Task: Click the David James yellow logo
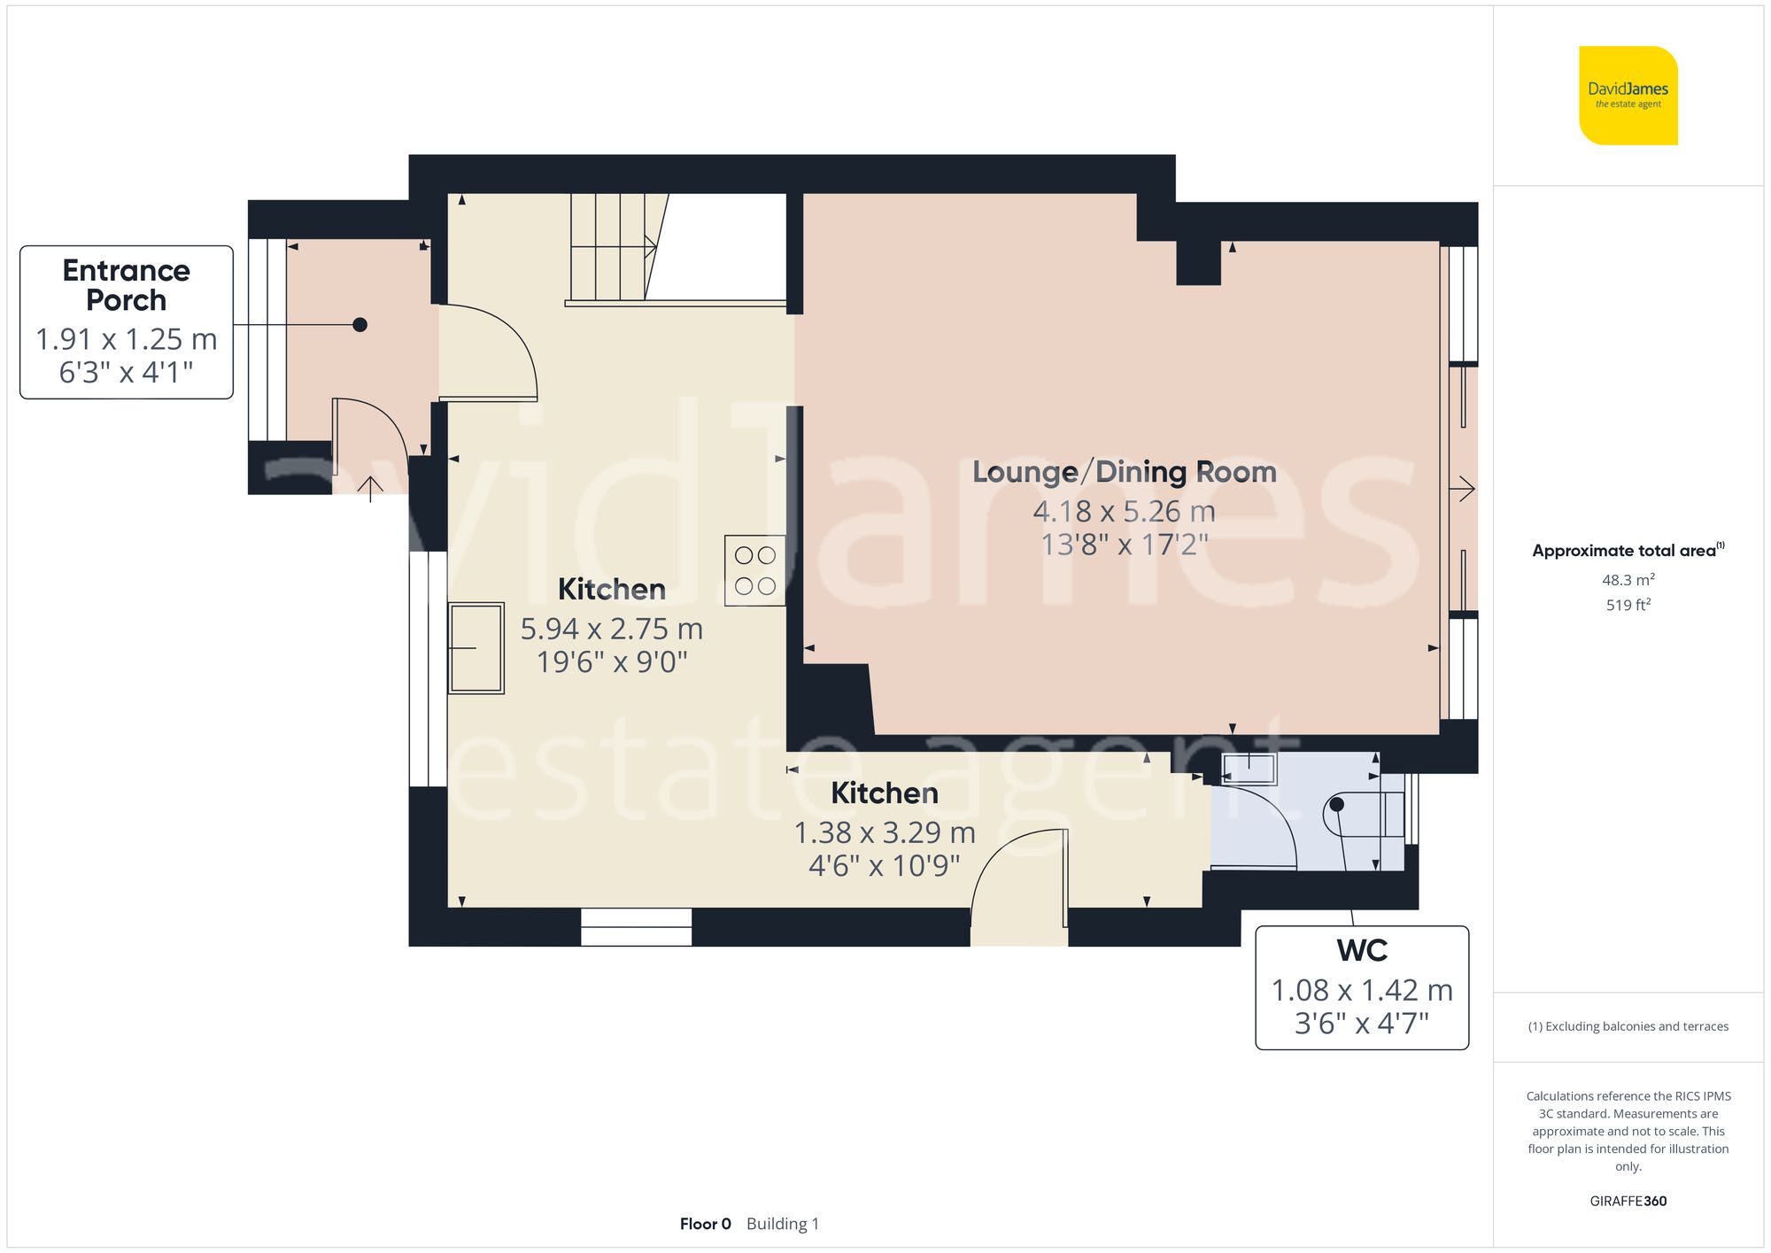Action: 1628,96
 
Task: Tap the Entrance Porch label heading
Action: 126,285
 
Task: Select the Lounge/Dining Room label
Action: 1124,472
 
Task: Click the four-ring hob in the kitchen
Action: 754,570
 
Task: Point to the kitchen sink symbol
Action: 476,648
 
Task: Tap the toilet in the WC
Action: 1364,814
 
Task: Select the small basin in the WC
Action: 1249,769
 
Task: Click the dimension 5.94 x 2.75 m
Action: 611,629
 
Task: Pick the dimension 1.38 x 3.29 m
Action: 884,832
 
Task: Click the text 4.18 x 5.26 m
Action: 1124,511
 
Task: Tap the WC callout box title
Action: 1361,950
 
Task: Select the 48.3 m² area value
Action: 1628,580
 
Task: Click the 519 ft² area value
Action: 1628,605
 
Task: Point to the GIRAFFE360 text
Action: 1628,1201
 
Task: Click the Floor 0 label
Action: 705,1224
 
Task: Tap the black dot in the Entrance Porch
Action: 360,325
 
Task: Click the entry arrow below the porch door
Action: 370,488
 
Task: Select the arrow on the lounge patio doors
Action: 1463,488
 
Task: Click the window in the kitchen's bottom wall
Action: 636,927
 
